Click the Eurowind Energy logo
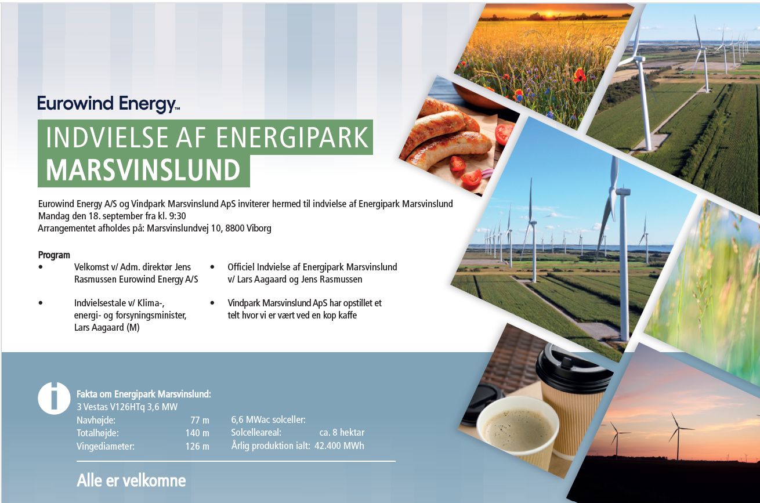coord(108,104)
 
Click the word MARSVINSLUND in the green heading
coord(143,170)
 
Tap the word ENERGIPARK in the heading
coord(292,137)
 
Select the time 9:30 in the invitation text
coord(178,216)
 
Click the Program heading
coord(54,255)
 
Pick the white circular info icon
coord(54,398)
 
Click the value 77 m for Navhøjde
coord(200,420)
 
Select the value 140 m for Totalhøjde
coord(197,433)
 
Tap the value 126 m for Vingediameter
coord(197,446)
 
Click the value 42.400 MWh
coord(339,446)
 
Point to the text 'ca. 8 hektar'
coord(342,432)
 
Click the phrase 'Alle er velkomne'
coord(131,480)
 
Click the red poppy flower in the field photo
coord(580,75)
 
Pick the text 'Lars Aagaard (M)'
coord(107,328)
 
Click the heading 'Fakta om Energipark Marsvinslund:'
coord(144,394)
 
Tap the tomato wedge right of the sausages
coord(504,133)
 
